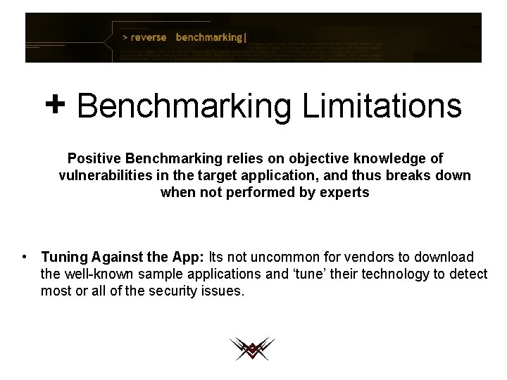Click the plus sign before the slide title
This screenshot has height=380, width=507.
[55, 106]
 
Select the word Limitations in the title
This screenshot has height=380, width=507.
[382, 107]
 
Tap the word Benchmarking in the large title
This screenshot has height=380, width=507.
[184, 107]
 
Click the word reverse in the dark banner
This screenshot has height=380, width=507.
[149, 37]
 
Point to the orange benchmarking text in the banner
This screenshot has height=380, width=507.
[209, 37]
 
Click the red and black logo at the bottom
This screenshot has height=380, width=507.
[251, 349]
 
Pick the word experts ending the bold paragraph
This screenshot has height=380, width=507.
[342, 192]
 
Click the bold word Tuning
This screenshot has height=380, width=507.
[65, 258]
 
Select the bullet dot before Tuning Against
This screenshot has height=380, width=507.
[25, 258]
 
